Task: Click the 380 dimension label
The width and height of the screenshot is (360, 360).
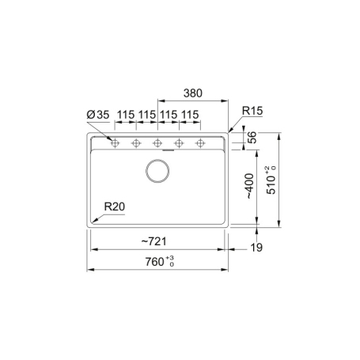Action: (193, 93)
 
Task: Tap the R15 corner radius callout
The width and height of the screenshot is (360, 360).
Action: (252, 111)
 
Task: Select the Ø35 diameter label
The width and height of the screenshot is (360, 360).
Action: (98, 115)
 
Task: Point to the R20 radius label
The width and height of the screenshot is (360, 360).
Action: (115, 207)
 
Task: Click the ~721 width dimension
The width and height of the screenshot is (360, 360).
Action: (154, 241)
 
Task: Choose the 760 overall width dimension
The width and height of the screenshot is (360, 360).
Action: (154, 262)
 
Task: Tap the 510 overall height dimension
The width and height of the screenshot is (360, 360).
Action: (271, 184)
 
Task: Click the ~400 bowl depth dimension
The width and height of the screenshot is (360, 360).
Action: (249, 186)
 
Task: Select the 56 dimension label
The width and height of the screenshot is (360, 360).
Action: (252, 137)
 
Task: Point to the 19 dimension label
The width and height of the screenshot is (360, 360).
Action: (256, 248)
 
